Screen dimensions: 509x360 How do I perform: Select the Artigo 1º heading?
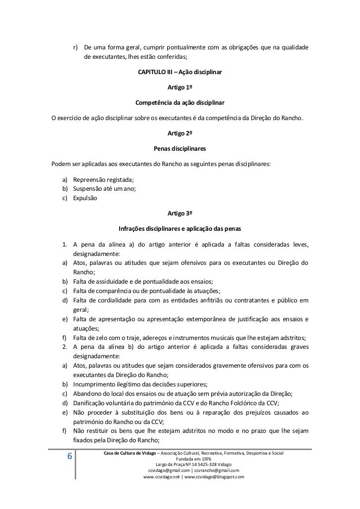[x=180, y=88]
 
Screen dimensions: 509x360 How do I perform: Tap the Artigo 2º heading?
[x=180, y=133]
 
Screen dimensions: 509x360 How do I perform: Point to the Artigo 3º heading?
[x=180, y=213]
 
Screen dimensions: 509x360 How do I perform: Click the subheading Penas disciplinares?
[x=180, y=149]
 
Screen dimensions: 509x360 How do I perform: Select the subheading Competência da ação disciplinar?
[x=180, y=104]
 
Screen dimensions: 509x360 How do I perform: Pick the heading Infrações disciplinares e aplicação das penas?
[x=180, y=229]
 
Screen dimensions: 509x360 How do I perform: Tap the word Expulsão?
[x=85, y=198]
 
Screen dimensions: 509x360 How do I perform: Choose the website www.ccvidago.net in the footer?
[x=162, y=477]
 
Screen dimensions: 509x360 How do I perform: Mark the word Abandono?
[x=87, y=393]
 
